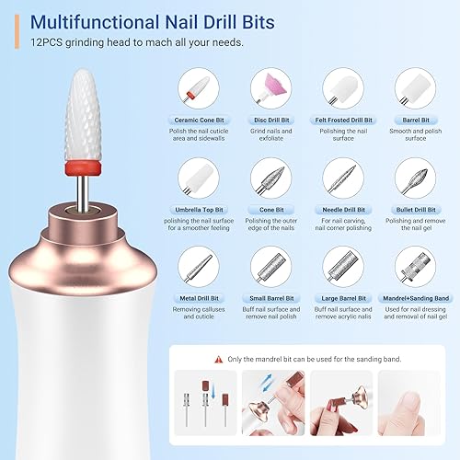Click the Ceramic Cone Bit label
(199, 120)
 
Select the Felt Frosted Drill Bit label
(347, 120)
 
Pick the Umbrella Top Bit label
(199, 210)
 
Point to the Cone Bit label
(273, 210)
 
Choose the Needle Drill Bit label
(347, 210)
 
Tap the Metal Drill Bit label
(199, 299)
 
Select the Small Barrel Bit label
(273, 299)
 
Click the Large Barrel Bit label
(347, 299)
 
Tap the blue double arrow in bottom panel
(305, 387)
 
